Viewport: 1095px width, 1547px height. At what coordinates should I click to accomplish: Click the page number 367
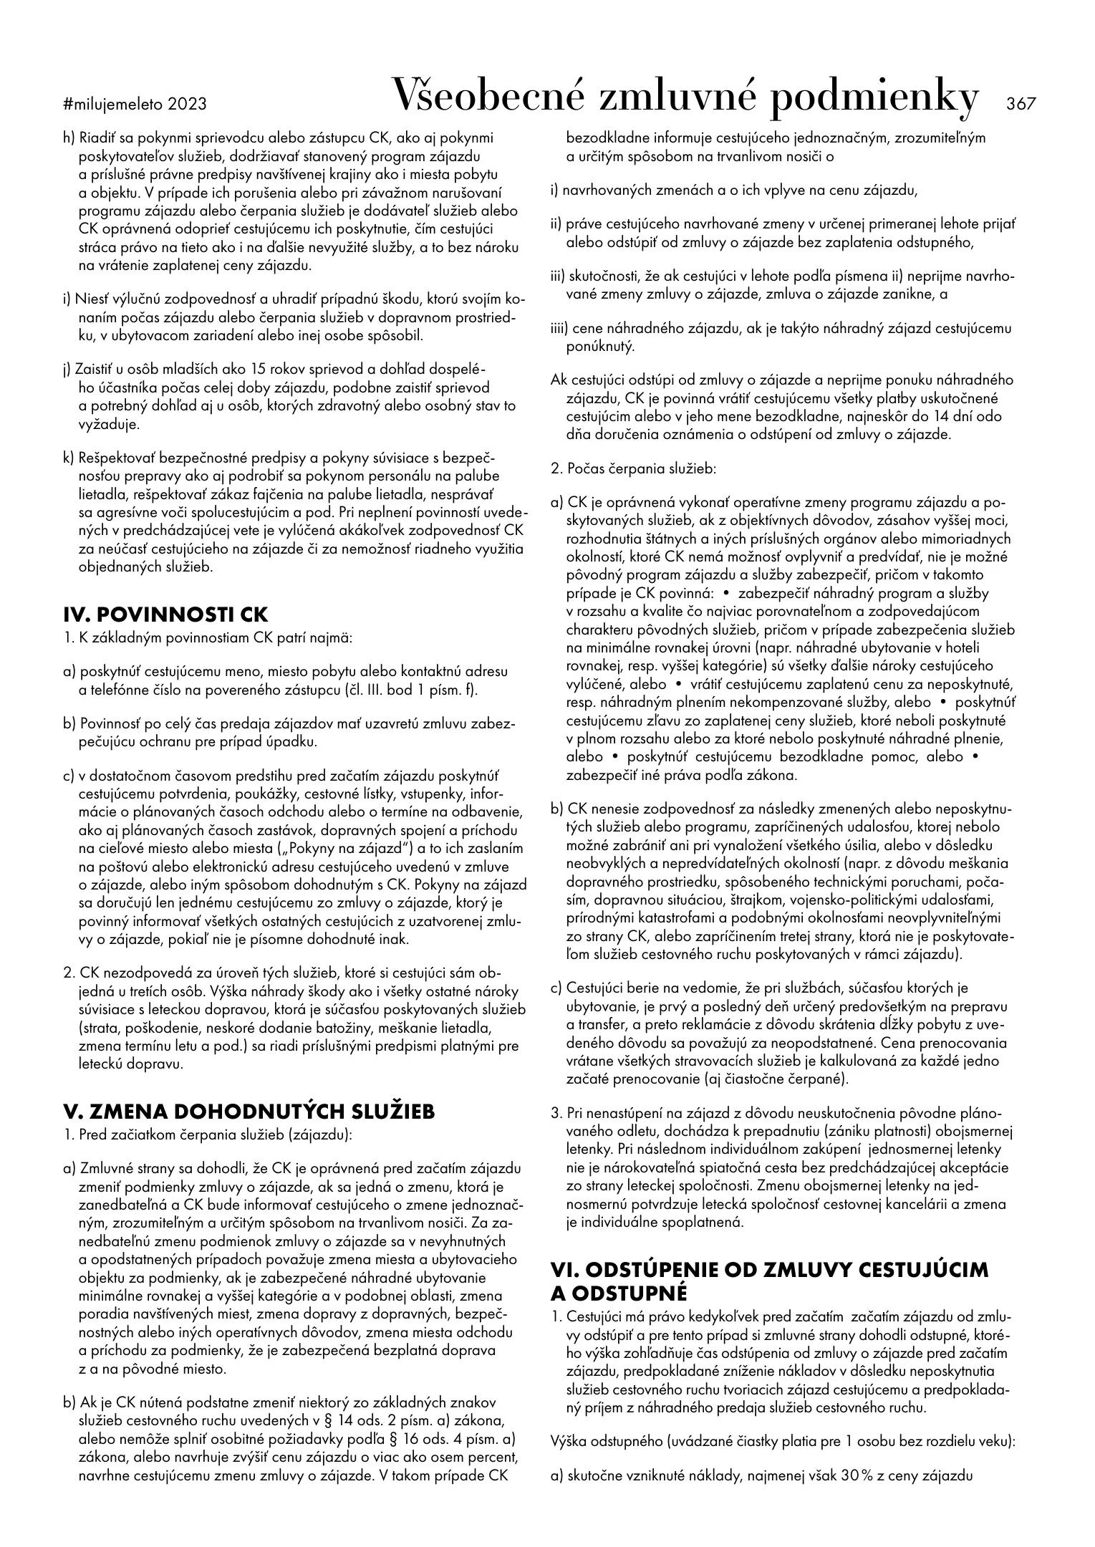point(1021,104)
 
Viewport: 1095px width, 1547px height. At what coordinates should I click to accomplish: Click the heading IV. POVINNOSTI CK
point(165,615)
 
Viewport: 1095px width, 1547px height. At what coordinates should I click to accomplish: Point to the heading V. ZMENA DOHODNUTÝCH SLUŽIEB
point(249,1111)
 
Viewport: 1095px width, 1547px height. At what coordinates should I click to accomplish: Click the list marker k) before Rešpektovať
point(69,458)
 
